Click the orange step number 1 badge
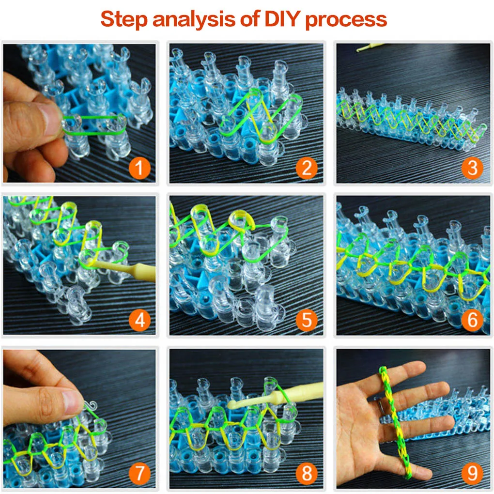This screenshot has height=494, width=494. click(140, 168)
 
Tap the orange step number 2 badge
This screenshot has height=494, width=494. click(307, 168)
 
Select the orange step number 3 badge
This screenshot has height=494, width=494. click(472, 168)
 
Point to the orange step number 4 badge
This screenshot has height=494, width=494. click(140, 321)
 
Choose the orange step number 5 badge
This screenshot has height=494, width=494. click(307, 321)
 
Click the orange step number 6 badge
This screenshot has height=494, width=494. click(472, 321)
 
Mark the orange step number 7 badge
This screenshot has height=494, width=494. click(140, 473)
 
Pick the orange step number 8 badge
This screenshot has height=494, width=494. click(307, 473)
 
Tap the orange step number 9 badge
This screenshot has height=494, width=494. click(472, 473)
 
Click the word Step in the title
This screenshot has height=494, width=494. click(124, 20)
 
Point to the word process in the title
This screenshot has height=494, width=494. click(346, 21)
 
